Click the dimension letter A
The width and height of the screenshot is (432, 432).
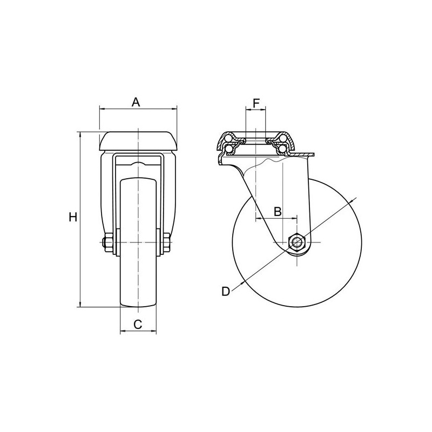click(137, 101)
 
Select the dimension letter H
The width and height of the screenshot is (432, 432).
click(73, 218)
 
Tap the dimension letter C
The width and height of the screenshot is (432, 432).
click(138, 324)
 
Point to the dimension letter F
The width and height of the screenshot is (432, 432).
click(256, 102)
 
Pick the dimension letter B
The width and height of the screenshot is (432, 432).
click(277, 211)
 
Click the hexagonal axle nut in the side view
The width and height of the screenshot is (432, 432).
click(297, 242)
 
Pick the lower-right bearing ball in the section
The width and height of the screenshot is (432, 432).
click(282, 146)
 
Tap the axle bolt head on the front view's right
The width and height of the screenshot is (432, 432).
click(167, 244)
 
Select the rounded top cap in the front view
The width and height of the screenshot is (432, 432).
click(138, 141)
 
